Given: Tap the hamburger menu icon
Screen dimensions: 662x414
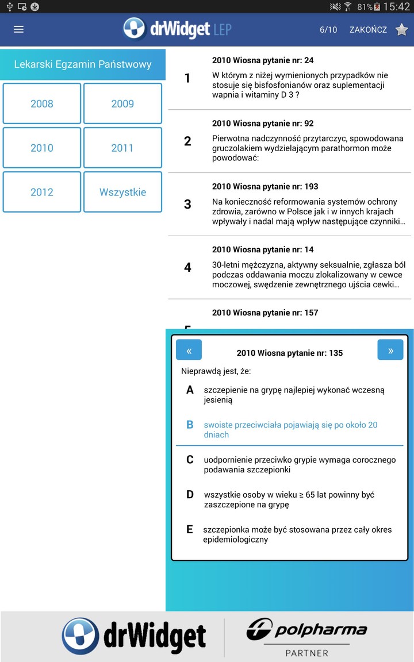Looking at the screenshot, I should [18, 29].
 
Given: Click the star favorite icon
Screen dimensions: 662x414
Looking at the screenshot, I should [401, 29].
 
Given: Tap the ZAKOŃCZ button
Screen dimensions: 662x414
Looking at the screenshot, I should [368, 29].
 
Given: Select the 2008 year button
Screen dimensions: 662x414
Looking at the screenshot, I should [42, 103].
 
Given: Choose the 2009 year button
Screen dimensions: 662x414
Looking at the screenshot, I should [122, 103].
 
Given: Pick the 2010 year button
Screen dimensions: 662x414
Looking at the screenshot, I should [42, 148].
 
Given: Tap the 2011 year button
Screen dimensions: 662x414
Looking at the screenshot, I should [122, 148].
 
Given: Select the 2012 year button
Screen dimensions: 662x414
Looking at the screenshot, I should [42, 192].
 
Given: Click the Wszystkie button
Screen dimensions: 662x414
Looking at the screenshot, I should [122, 192].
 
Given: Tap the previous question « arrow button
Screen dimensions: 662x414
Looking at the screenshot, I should [189, 350].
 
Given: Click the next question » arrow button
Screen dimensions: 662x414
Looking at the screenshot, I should [390, 350].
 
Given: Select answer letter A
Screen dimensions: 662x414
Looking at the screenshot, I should [190, 390].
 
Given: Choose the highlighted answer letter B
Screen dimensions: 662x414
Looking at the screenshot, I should [190, 425].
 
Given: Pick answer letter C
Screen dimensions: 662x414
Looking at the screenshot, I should [190, 460].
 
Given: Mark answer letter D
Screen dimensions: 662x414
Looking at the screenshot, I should [190, 495].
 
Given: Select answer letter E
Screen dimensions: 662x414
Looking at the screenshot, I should [190, 530].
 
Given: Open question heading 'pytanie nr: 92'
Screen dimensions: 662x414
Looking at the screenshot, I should [263, 124].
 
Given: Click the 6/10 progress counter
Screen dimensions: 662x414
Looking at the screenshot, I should [328, 29].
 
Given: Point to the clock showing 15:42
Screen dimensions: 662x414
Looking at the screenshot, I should [396, 6].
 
